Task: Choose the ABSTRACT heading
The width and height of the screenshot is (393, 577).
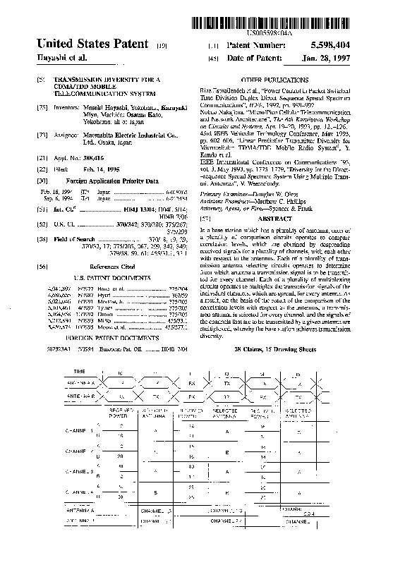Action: point(279,219)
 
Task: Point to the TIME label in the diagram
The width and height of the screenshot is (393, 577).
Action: point(80,370)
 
